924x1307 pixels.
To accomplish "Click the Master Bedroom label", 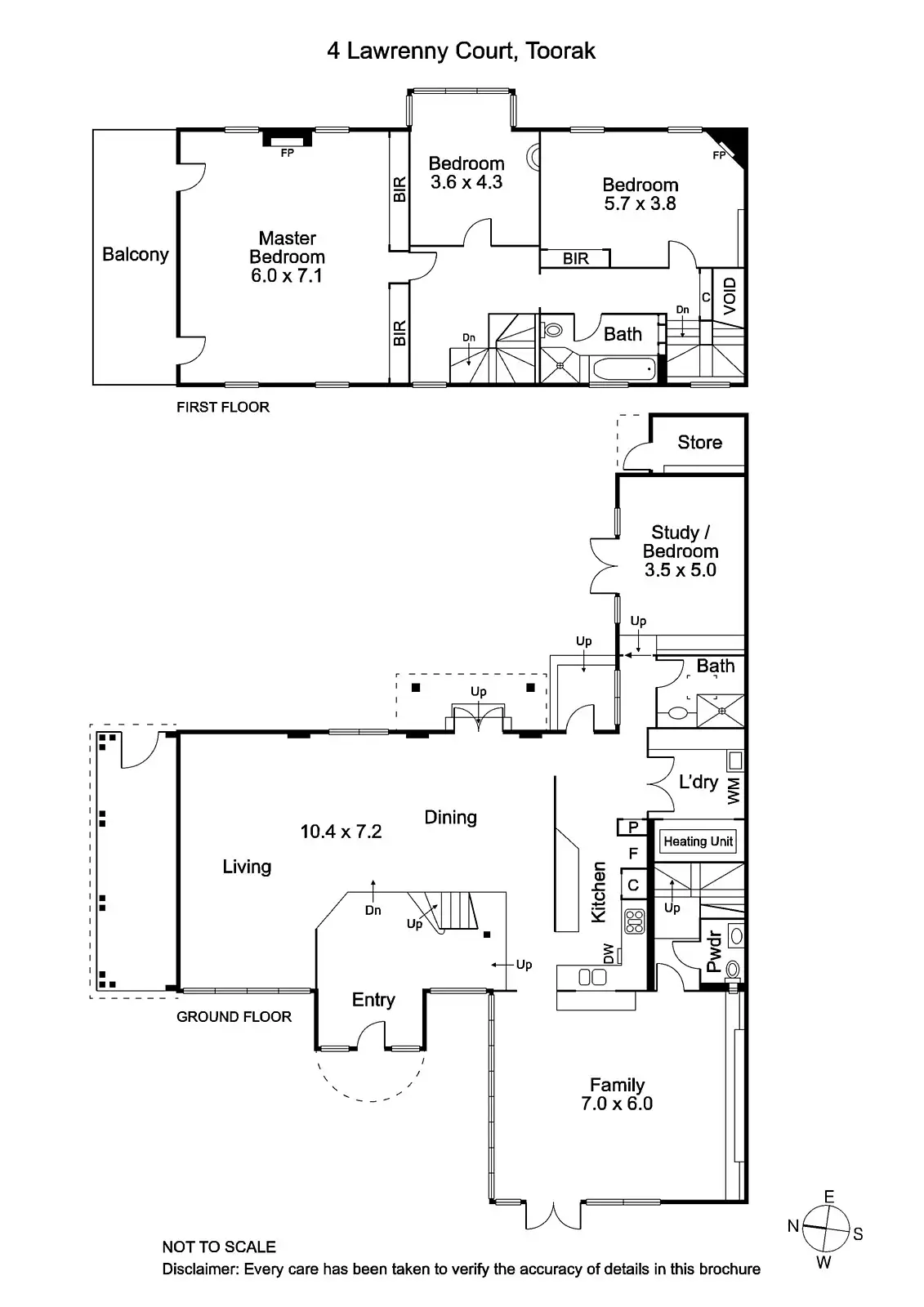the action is pyautogui.click(x=287, y=248).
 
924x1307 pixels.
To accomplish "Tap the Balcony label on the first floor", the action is pyautogui.click(x=135, y=254).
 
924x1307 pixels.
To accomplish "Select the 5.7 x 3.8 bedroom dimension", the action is pyautogui.click(x=640, y=204).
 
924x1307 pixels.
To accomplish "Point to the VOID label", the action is pyautogui.click(x=730, y=297).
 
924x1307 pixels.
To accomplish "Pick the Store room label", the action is pyautogui.click(x=699, y=442).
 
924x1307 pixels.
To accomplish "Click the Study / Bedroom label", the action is pyautogui.click(x=680, y=542).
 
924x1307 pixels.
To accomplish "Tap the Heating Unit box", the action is pyautogui.click(x=699, y=841).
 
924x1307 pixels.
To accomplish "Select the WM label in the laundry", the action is pyautogui.click(x=734, y=790).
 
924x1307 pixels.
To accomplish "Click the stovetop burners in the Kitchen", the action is pyautogui.click(x=634, y=921).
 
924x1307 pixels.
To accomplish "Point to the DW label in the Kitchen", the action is pyautogui.click(x=608, y=953).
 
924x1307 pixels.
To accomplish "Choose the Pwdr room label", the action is pyautogui.click(x=714, y=952).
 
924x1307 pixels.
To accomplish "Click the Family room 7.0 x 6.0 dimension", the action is pyautogui.click(x=617, y=1104).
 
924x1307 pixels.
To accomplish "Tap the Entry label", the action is pyautogui.click(x=373, y=1000).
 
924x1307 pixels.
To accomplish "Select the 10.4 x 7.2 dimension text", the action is pyautogui.click(x=341, y=832).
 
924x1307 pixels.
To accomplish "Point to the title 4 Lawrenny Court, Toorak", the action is pyautogui.click(x=462, y=51).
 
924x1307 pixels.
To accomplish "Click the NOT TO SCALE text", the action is pyautogui.click(x=219, y=1247).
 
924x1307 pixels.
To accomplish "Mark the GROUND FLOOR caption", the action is pyautogui.click(x=234, y=1016).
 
